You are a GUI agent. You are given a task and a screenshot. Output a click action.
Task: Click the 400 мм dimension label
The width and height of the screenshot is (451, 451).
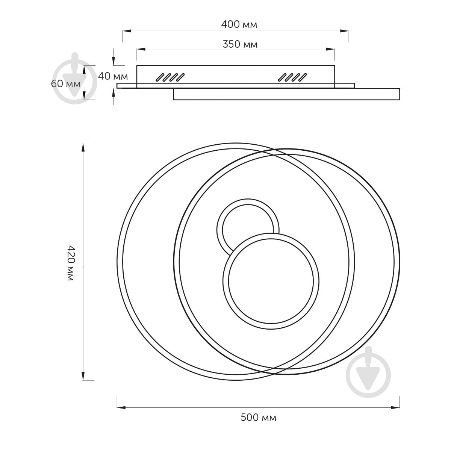click(239, 24)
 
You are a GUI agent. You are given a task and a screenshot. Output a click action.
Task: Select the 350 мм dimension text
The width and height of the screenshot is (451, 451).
click(240, 44)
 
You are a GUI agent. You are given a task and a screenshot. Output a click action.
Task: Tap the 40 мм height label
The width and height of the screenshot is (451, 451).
click(113, 76)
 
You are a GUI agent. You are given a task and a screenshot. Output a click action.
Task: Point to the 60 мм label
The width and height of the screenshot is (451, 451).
click(66, 84)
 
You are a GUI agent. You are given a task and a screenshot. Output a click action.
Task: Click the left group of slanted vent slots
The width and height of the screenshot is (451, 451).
click(170, 77)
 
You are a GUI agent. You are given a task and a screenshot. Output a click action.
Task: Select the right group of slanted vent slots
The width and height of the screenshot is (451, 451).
click(292, 77)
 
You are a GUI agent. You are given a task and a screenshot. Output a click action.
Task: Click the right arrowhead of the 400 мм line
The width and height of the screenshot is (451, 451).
click(345, 31)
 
